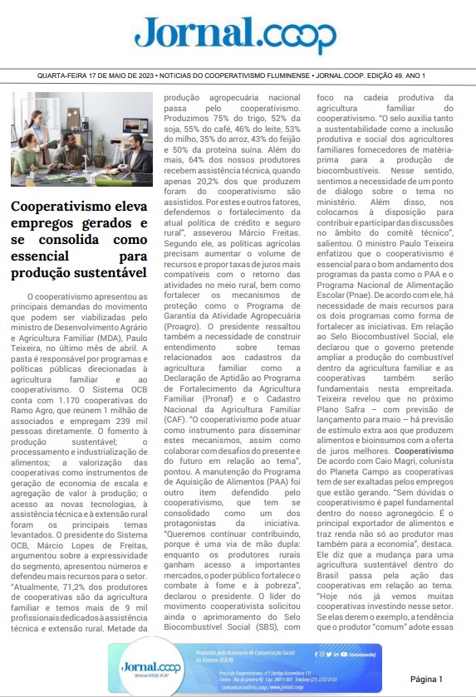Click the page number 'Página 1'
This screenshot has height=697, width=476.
coord(432,678)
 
